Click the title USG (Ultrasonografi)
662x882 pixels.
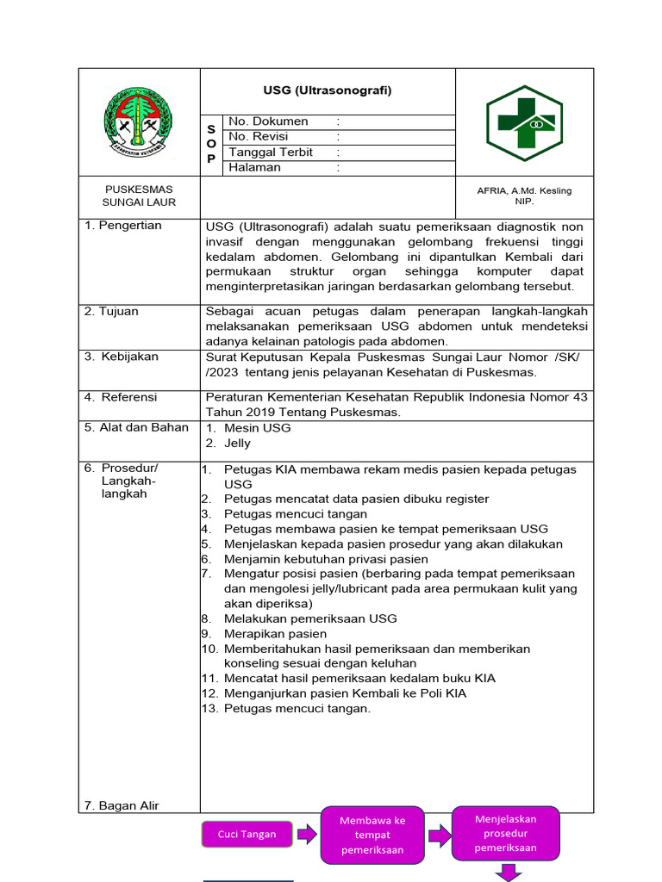[328, 90]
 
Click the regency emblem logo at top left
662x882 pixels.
[138, 121]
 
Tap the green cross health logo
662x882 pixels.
[524, 122]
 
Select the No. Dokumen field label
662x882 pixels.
[268, 121]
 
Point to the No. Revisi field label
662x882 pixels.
[259, 137]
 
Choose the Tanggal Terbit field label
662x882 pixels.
[271, 152]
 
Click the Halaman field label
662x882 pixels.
[254, 168]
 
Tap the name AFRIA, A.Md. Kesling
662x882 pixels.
[524, 190]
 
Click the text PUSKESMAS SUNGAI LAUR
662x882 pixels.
[139, 196]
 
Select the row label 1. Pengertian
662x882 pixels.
[123, 226]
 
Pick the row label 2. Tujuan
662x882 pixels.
[111, 312]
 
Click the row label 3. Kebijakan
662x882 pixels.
[122, 357]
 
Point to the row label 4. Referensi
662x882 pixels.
[121, 397]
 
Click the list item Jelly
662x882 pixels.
[237, 444]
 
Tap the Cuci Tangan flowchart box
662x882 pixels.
[247, 834]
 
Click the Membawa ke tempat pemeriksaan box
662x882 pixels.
[372, 835]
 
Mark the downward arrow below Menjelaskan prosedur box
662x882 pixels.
[506, 873]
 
